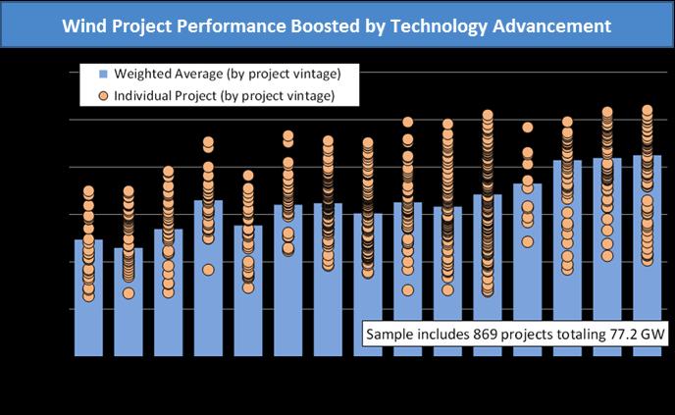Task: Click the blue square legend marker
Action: click(x=101, y=75)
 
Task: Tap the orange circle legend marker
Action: click(x=101, y=95)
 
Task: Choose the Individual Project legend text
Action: click(x=225, y=95)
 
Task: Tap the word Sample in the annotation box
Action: click(x=389, y=335)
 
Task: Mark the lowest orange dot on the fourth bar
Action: click(x=208, y=270)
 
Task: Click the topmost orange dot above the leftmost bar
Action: click(x=88, y=191)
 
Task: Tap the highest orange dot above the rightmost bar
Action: click(x=647, y=111)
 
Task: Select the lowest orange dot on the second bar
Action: click(x=129, y=293)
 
